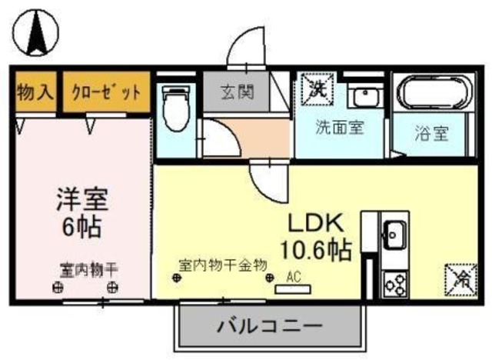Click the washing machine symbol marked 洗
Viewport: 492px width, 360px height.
[317, 87]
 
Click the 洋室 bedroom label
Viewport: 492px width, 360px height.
[81, 198]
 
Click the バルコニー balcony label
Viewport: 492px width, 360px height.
[269, 325]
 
